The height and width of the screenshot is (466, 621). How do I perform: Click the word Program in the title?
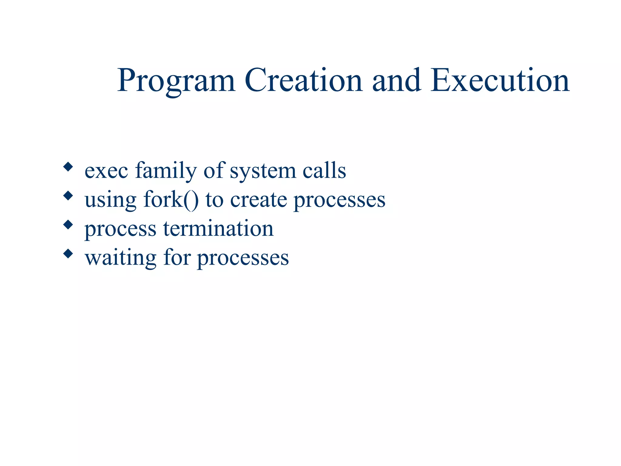tap(176, 81)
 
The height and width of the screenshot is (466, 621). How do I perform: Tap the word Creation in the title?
tap(303, 80)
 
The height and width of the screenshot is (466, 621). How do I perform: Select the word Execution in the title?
tap(500, 80)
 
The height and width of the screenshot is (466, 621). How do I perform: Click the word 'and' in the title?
tap(397, 80)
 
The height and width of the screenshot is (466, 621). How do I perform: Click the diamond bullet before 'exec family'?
tap(68, 167)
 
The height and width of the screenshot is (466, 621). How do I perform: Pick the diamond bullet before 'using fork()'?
tap(68, 196)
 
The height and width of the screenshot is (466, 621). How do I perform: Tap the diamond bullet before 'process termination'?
tap(68, 225)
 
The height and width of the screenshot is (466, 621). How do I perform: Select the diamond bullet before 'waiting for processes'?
tap(68, 254)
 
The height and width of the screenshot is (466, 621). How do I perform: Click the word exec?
tap(106, 171)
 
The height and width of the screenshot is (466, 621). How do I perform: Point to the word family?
tap(166, 171)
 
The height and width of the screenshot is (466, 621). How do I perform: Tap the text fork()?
tap(171, 200)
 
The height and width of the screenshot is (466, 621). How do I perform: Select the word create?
tap(258, 200)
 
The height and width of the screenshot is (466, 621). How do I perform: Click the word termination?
tap(218, 228)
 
